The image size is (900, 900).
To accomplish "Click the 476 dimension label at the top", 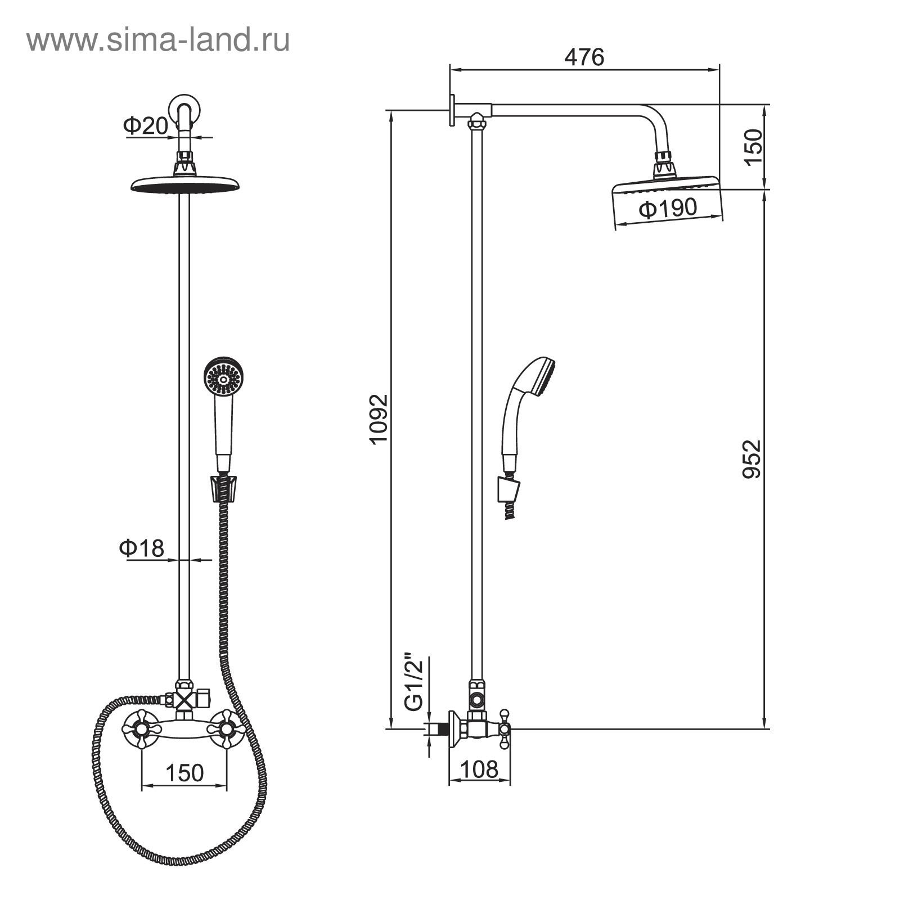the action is (584, 57).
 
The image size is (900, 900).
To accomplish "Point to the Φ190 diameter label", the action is (668, 208).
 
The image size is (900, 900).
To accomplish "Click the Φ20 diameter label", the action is (146, 125).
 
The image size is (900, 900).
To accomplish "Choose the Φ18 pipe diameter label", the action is (141, 547).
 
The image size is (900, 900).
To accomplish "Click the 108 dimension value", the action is (479, 769).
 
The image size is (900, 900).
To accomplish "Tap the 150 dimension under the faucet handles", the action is (184, 773).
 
